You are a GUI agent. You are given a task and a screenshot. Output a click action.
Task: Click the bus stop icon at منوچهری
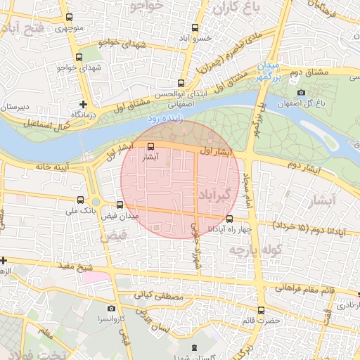tap(67, 18)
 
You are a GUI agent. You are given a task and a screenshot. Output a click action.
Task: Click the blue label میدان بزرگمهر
tap(269, 72)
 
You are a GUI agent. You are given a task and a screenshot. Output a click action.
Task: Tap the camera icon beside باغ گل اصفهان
tap(301, 93)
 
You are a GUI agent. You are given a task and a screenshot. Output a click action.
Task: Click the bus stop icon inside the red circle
tap(151, 146)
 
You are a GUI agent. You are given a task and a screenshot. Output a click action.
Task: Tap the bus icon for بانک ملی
tap(87, 199)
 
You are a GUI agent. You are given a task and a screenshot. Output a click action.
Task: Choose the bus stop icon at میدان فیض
tap(120, 205)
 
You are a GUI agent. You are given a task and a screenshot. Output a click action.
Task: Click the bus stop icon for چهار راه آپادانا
tap(229, 219)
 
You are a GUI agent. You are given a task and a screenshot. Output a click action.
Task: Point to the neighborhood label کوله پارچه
tap(259, 249)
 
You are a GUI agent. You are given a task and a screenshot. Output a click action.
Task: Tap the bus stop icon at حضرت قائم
tap(261, 309)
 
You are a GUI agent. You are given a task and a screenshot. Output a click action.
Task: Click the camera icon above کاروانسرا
tap(111, 308)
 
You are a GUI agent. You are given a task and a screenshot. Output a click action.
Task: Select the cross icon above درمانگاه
tap(84, 103)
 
